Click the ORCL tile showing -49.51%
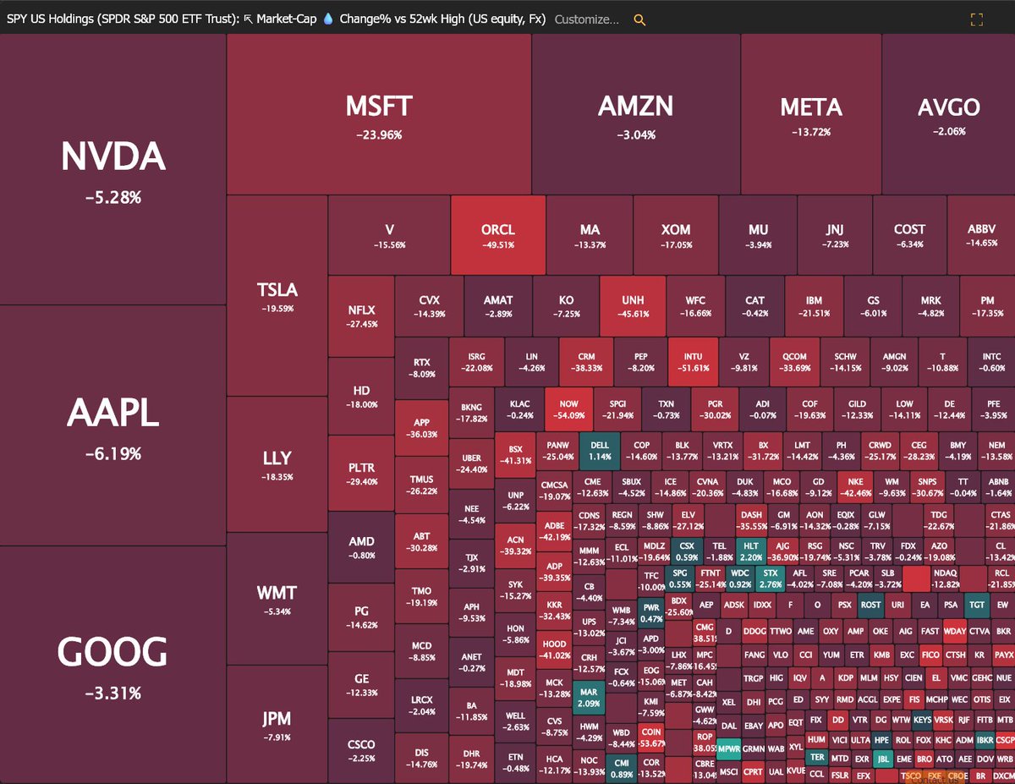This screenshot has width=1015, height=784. click(x=498, y=235)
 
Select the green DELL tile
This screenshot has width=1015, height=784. click(x=600, y=450)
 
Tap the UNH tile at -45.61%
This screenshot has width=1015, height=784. click(x=633, y=306)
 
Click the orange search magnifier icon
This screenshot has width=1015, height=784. click(x=639, y=19)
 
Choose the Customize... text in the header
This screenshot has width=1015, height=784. click(x=586, y=19)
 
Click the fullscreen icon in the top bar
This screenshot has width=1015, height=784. click(x=976, y=19)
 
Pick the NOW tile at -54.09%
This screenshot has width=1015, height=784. click(x=568, y=409)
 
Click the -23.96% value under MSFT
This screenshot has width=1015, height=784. click(x=379, y=134)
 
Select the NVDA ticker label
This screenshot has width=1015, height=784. click(x=112, y=157)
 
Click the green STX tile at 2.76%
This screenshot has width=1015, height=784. click(x=770, y=577)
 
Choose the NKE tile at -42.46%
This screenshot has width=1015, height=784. click(x=854, y=485)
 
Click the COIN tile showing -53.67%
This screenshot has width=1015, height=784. click(x=651, y=737)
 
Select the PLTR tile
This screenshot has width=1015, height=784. click(x=361, y=474)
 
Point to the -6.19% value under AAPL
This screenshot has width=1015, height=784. click(x=112, y=454)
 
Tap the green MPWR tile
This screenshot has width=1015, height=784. click(x=729, y=749)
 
